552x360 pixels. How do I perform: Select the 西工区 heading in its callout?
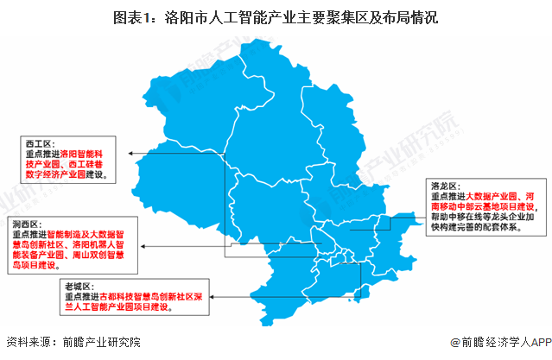pyautogui.click(x=40, y=142)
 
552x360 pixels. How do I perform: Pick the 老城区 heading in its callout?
pyautogui.click(x=78, y=285)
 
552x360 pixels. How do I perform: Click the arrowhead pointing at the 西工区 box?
pyautogui.click(x=130, y=154)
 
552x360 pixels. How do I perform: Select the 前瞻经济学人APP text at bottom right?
pyautogui.click(x=504, y=342)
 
